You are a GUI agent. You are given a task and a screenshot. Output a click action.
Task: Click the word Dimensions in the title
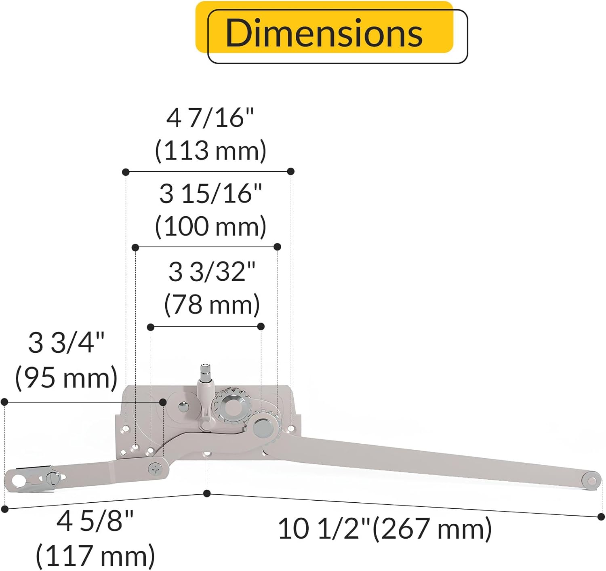[324, 33]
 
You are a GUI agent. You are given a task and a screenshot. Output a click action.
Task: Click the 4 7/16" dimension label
[210, 118]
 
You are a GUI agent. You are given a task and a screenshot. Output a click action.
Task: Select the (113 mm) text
[210, 151]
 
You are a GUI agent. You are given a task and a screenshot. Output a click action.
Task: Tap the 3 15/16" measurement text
[210, 194]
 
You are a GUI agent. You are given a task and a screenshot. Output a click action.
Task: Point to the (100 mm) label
[210, 226]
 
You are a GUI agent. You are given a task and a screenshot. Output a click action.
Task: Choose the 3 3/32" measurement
[212, 272]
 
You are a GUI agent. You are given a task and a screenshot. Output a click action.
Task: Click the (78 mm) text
[212, 304]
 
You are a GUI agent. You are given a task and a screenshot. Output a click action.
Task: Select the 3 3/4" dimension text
[66, 343]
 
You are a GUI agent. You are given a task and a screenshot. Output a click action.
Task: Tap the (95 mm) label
[66, 378]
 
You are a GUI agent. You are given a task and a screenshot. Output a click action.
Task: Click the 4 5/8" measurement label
[95, 521]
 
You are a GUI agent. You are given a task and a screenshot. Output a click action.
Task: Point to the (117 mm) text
[95, 556]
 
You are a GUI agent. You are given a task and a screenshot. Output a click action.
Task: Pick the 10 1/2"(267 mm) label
[385, 528]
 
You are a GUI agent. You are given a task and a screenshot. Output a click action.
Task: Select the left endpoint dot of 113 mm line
[126, 172]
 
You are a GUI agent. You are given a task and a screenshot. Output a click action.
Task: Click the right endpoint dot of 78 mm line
[261, 327]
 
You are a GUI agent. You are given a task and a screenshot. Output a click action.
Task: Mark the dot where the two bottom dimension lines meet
[207, 493]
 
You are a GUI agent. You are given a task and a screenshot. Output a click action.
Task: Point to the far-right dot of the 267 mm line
[601, 516]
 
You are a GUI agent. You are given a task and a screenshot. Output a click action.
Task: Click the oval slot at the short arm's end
[18, 480]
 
